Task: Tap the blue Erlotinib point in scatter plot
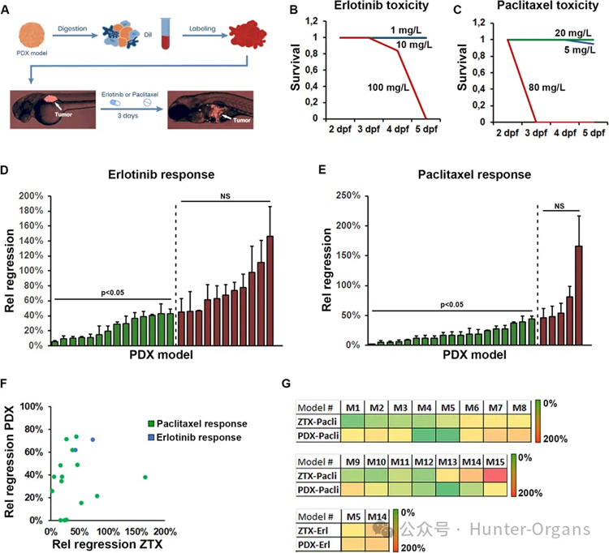tap(93, 439)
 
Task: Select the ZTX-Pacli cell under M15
tap(497, 477)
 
